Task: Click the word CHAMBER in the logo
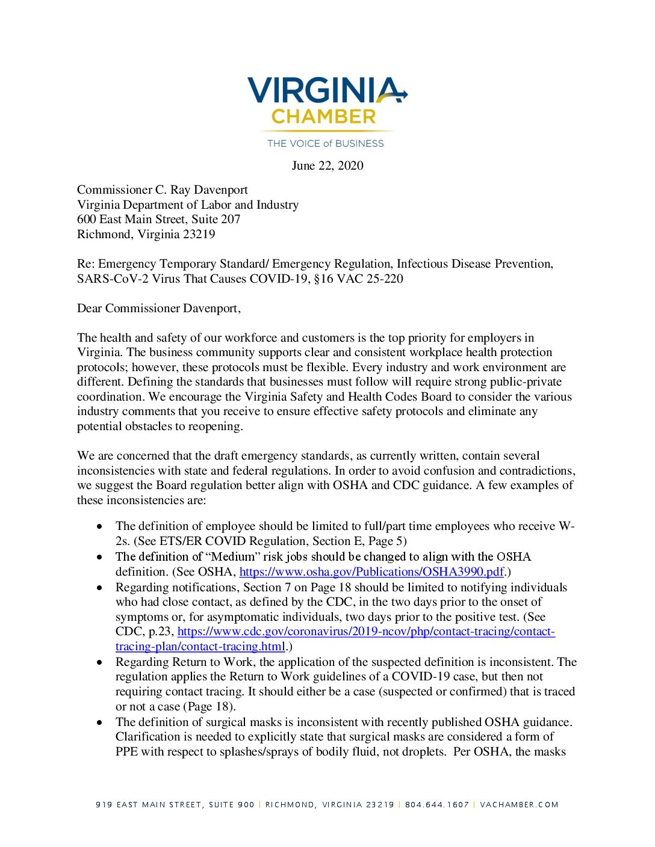[323, 117]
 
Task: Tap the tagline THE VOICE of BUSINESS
[326, 143]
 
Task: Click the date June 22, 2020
[327, 165]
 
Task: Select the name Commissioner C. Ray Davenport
[163, 189]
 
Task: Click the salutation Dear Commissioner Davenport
[159, 308]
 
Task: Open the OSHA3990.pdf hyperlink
[371, 571]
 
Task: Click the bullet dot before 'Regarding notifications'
[99, 588]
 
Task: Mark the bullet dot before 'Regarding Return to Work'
[99, 662]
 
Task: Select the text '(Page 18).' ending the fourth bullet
[211, 706]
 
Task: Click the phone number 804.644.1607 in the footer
[437, 804]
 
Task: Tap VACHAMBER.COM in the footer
[519, 804]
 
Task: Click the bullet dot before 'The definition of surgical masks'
[99, 722]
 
